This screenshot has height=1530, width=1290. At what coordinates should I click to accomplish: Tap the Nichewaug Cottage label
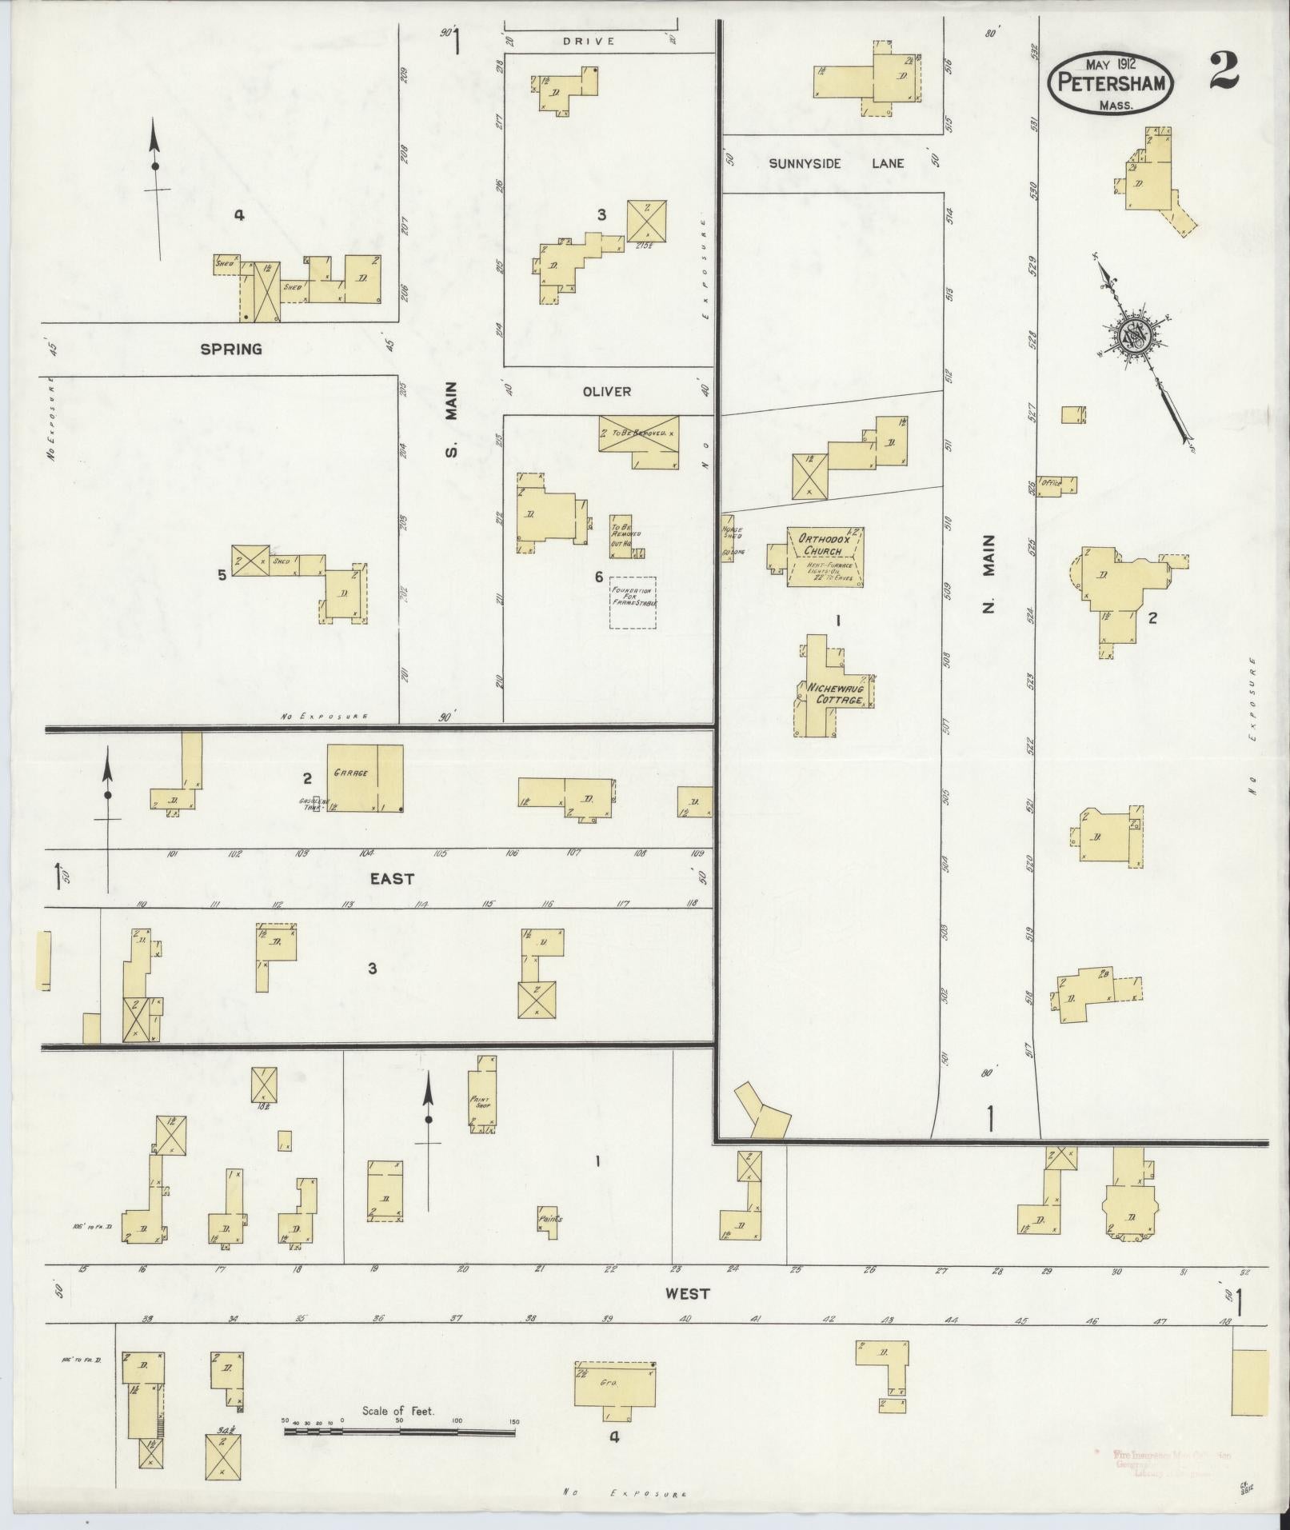835,693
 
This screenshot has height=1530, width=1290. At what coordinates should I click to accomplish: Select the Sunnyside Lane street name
837,163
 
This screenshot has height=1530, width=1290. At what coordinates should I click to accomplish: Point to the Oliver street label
607,391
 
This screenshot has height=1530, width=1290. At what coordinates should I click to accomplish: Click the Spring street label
231,349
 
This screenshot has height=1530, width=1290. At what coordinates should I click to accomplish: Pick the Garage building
364,778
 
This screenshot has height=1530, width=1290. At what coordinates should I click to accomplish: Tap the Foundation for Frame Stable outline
633,602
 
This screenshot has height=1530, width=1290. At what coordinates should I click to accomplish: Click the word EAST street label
392,878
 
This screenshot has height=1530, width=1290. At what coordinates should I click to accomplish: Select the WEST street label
687,1293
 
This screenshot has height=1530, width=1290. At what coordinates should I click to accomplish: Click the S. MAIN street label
452,419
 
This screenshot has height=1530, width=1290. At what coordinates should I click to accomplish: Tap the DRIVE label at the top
587,41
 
